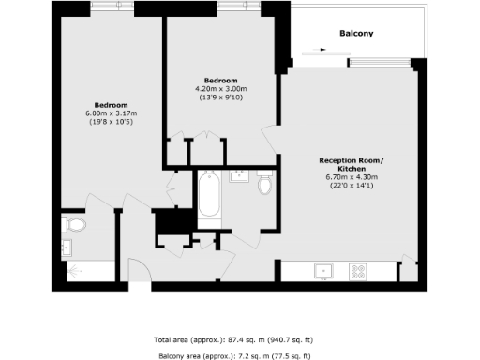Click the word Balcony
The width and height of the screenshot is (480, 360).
click(x=355, y=35)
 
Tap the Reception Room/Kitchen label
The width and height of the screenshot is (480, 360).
click(x=352, y=165)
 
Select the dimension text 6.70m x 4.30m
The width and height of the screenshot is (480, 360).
click(x=352, y=176)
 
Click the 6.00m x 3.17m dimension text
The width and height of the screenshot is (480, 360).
click(x=111, y=113)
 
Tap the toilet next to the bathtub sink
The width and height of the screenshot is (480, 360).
click(x=263, y=186)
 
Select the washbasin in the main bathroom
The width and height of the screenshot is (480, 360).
click(x=238, y=175)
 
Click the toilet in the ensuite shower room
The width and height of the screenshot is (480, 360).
click(x=75, y=225)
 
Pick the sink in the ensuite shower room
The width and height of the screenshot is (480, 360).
click(x=67, y=249)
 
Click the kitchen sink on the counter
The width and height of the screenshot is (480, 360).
click(x=324, y=272)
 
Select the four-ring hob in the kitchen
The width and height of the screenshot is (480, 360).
click(x=358, y=272)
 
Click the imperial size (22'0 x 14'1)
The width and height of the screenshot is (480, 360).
click(x=352, y=185)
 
